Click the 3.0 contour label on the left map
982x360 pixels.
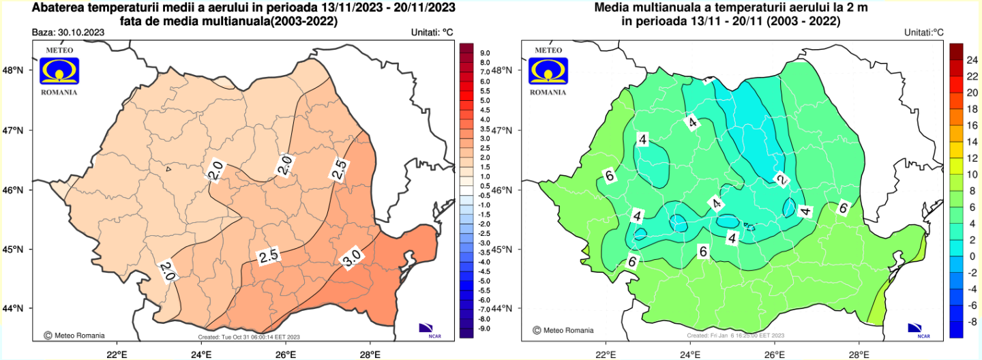click(x=351, y=259)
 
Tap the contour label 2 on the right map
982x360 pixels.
click(x=782, y=179)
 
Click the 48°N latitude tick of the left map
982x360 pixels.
click(x=14, y=70)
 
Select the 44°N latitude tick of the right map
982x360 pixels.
click(x=503, y=309)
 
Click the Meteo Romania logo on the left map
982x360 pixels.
click(x=59, y=70)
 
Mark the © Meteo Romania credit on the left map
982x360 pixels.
click(x=74, y=335)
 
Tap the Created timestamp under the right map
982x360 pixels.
click(x=736, y=336)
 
